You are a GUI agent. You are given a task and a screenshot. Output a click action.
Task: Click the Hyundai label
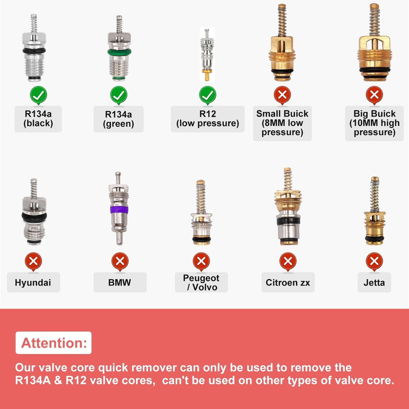click(33, 282)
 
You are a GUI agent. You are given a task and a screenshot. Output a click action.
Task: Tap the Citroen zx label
click(288, 282)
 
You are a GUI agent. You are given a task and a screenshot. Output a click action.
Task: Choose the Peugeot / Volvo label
click(201, 282)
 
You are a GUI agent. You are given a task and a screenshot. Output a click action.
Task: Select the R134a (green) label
click(118, 119)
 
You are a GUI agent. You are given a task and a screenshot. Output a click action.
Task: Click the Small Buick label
click(282, 123)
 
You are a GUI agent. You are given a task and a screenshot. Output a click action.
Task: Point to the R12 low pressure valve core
click(207, 54)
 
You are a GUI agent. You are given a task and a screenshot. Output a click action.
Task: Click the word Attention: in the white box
click(54, 343)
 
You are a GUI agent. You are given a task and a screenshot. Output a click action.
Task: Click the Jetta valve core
click(374, 211)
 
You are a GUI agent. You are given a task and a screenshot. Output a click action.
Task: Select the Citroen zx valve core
click(288, 206)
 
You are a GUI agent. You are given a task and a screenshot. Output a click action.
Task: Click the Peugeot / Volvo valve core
click(201, 212)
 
